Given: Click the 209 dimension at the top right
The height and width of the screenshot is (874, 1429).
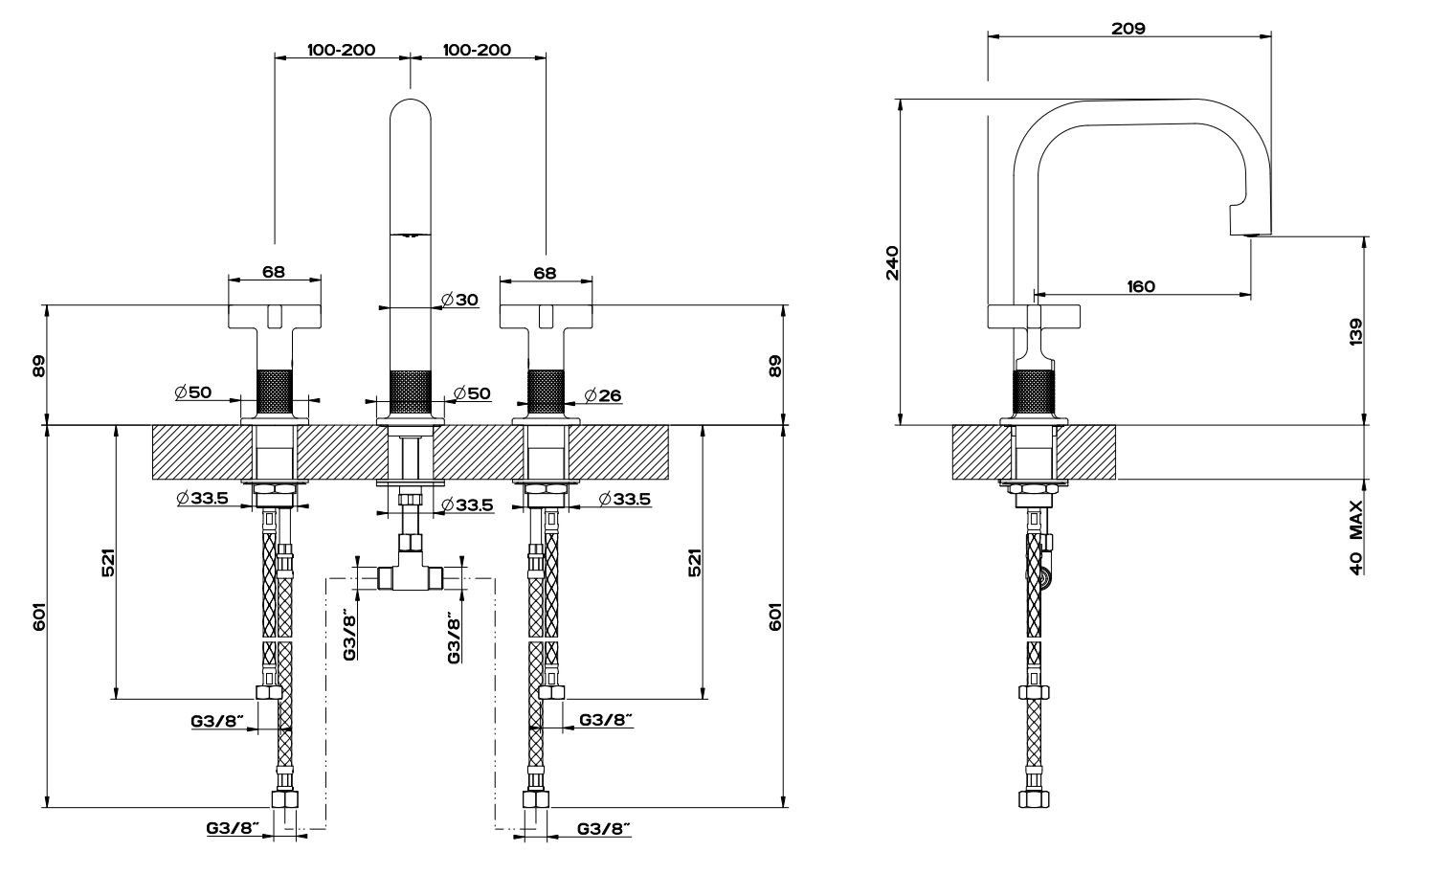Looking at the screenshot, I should tap(1128, 29).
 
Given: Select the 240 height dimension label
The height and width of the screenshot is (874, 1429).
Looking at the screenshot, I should tap(892, 262).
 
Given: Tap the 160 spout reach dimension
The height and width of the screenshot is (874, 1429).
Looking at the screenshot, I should tap(1141, 285).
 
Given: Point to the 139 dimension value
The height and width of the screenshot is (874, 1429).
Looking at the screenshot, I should tap(1354, 330).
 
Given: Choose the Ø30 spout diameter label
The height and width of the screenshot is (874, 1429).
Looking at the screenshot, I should tap(460, 300).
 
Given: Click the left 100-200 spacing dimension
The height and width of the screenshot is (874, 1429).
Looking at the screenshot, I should tap(341, 50).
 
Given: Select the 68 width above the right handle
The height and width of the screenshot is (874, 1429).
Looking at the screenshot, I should tap(545, 272).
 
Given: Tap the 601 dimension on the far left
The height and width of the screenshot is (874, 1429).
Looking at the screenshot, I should tap(38, 617).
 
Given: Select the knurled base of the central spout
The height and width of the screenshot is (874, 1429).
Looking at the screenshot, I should tap(411, 392).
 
